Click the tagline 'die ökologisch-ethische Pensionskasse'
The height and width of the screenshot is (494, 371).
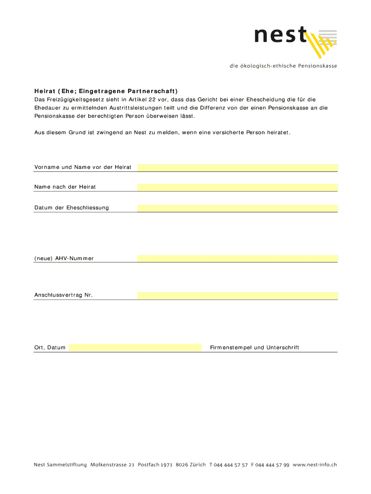pyautogui.click(x=283, y=66)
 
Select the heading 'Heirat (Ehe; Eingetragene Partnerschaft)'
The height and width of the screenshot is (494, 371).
pyautogui.click(x=106, y=91)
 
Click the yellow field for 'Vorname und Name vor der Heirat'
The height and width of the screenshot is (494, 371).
pyautogui.click(x=237, y=167)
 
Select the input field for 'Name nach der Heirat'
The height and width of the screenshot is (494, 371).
pyautogui.click(x=237, y=187)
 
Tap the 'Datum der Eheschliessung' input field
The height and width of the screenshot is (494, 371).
pyautogui.click(x=237, y=208)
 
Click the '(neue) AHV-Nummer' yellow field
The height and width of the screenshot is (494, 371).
pyautogui.click(x=237, y=259)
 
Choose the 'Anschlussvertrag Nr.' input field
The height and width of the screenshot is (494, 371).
pyautogui.click(x=237, y=295)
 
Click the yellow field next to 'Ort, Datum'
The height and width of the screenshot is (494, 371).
pyautogui.click(x=135, y=347)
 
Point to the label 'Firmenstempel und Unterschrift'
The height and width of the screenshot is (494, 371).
pyautogui.click(x=254, y=347)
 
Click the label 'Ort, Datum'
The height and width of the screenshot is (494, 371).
pyautogui.click(x=50, y=347)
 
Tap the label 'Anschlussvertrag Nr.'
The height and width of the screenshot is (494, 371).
pyautogui.click(x=63, y=295)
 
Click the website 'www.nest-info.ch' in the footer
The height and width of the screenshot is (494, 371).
pyautogui.click(x=314, y=465)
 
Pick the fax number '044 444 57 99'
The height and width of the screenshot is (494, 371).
pyautogui.click(x=272, y=465)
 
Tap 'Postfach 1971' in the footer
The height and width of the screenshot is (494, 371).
pyautogui.click(x=155, y=465)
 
